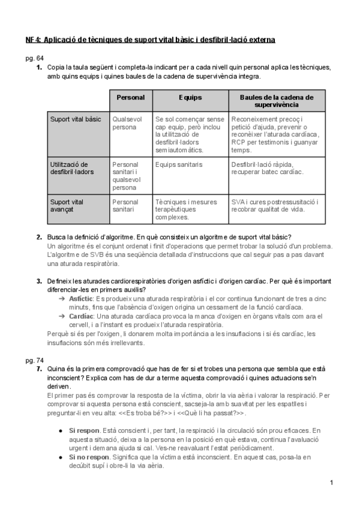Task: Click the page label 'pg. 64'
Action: [34, 58]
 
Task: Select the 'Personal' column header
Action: [130, 97]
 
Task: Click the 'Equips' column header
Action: [190, 97]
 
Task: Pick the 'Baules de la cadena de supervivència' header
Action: [277, 100]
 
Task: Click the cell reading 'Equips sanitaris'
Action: [179, 164]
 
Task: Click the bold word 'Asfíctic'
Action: [81, 298]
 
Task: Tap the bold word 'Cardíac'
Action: [81, 316]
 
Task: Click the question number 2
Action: [39, 237]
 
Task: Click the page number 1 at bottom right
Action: [331, 483]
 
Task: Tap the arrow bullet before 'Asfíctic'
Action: [62, 298]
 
